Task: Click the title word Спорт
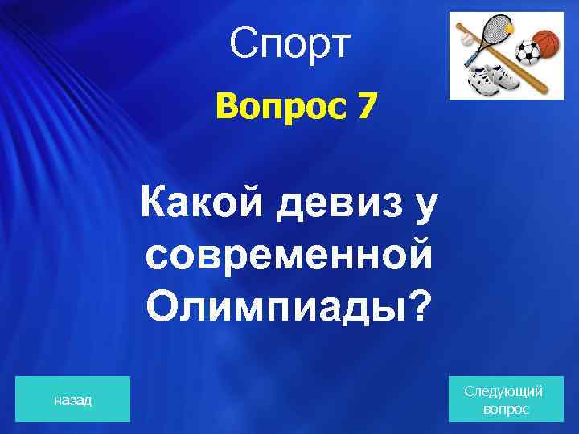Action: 289,44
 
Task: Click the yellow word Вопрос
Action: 269,108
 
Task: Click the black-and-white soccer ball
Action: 528,53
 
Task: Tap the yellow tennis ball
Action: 509,27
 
